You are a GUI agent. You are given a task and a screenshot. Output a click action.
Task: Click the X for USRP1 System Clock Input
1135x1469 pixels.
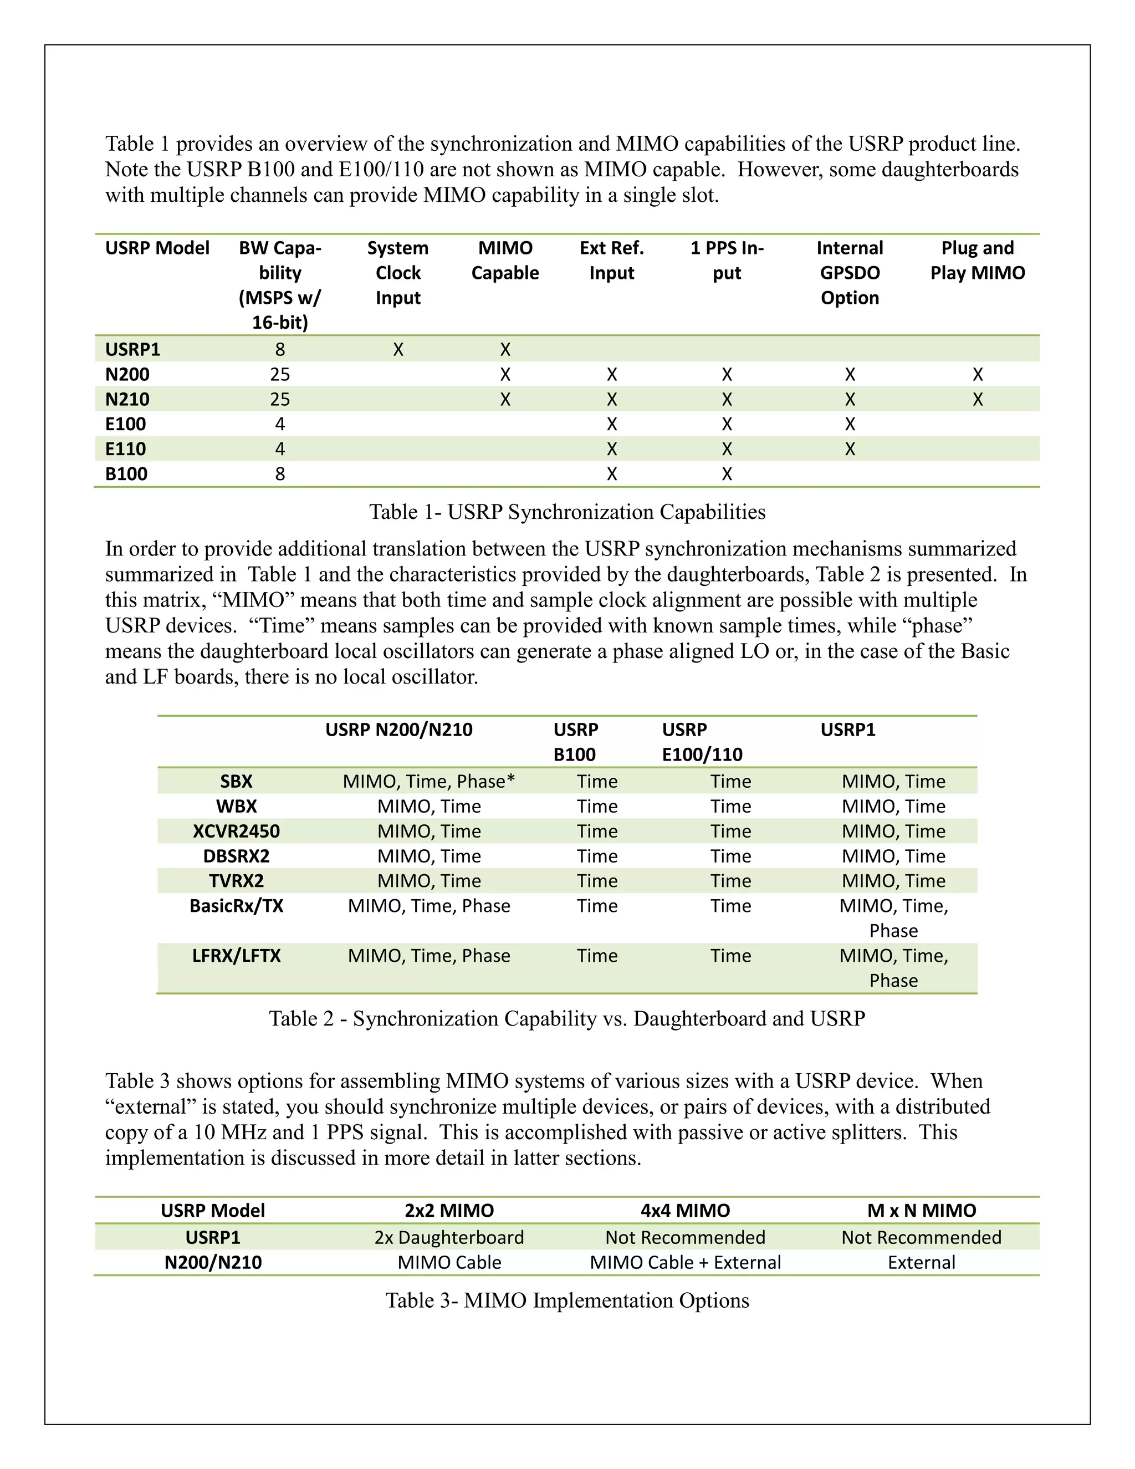(x=398, y=350)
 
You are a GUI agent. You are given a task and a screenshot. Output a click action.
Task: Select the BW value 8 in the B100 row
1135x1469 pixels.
(x=280, y=474)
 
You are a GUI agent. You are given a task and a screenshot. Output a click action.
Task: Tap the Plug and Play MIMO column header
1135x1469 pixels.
(x=977, y=261)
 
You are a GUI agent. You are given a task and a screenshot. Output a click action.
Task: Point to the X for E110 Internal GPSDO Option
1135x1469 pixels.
(x=850, y=450)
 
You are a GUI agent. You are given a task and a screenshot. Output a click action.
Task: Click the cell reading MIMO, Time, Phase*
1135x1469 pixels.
(x=428, y=782)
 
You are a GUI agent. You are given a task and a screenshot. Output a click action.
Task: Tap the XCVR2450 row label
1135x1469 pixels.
(x=236, y=832)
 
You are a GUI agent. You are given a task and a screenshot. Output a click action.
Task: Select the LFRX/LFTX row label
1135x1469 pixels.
(x=236, y=956)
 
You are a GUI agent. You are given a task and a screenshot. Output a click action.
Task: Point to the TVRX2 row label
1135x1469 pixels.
(x=236, y=881)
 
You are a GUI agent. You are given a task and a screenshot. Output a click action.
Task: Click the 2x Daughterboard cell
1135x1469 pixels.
(x=448, y=1238)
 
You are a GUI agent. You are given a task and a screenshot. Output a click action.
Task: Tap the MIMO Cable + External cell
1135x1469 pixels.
(x=685, y=1262)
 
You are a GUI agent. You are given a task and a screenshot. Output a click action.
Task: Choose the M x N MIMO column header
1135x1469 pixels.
(x=921, y=1211)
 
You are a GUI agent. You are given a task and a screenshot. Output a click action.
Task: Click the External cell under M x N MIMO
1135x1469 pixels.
(x=921, y=1262)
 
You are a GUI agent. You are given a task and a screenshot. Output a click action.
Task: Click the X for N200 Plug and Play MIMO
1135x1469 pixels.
(x=977, y=375)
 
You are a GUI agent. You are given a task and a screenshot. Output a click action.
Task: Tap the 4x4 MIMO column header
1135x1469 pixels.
(x=685, y=1211)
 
